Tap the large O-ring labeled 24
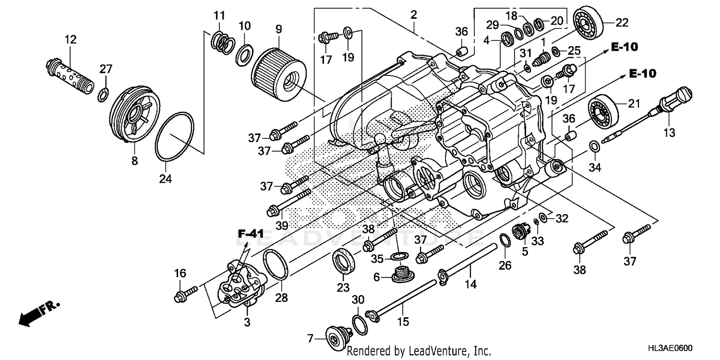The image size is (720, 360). [175, 137]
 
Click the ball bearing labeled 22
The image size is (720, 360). [588, 24]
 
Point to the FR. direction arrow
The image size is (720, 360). [36, 314]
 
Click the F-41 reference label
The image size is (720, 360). [251, 234]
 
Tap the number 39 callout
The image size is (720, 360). [282, 225]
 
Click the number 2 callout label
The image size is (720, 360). [413, 15]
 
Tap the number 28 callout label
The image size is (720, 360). [281, 298]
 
